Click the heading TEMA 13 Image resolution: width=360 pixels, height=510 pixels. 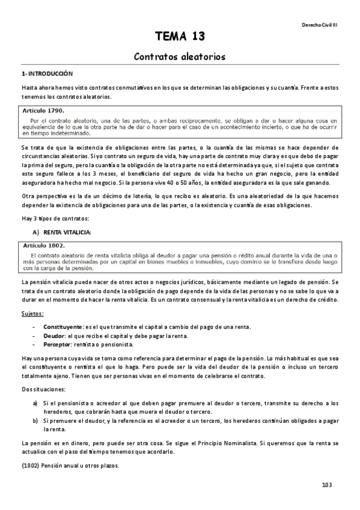click(180, 37)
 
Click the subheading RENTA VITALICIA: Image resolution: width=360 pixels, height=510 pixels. click(67, 232)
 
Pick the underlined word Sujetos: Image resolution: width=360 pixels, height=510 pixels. click(32, 314)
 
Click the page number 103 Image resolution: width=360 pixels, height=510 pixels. click(327, 485)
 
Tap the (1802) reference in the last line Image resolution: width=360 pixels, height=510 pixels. click(30, 466)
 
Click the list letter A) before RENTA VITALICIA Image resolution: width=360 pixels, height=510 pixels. click(35, 232)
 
